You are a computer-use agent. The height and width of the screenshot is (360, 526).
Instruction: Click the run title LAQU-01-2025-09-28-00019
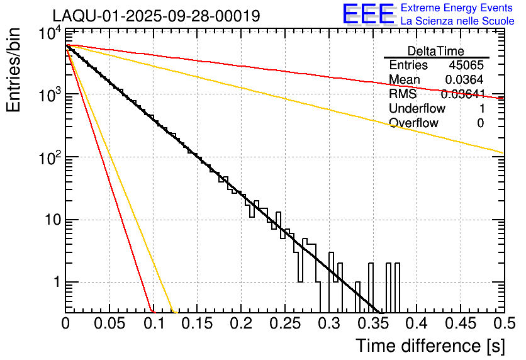click(x=156, y=16)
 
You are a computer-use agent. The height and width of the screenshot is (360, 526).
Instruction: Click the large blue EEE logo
click(x=368, y=14)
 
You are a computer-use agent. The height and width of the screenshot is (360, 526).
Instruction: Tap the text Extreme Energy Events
click(x=457, y=8)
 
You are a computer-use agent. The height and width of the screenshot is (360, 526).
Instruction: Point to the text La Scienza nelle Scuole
click(x=457, y=21)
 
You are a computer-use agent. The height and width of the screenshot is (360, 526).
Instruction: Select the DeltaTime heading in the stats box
click(x=436, y=51)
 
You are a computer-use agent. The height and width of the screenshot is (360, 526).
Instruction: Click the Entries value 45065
click(x=466, y=65)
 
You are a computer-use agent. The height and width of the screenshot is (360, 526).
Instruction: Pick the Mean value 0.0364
click(x=464, y=80)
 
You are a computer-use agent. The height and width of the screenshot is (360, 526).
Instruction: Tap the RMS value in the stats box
click(x=462, y=94)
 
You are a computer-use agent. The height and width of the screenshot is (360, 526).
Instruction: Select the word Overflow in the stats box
click(x=414, y=123)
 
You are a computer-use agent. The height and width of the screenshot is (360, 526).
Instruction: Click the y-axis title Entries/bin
click(x=14, y=71)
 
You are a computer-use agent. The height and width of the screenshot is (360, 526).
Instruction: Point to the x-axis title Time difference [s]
click(x=429, y=346)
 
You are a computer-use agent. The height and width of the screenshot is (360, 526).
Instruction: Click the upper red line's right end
click(x=503, y=98)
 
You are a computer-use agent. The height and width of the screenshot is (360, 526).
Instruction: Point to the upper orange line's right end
click(x=503, y=153)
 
